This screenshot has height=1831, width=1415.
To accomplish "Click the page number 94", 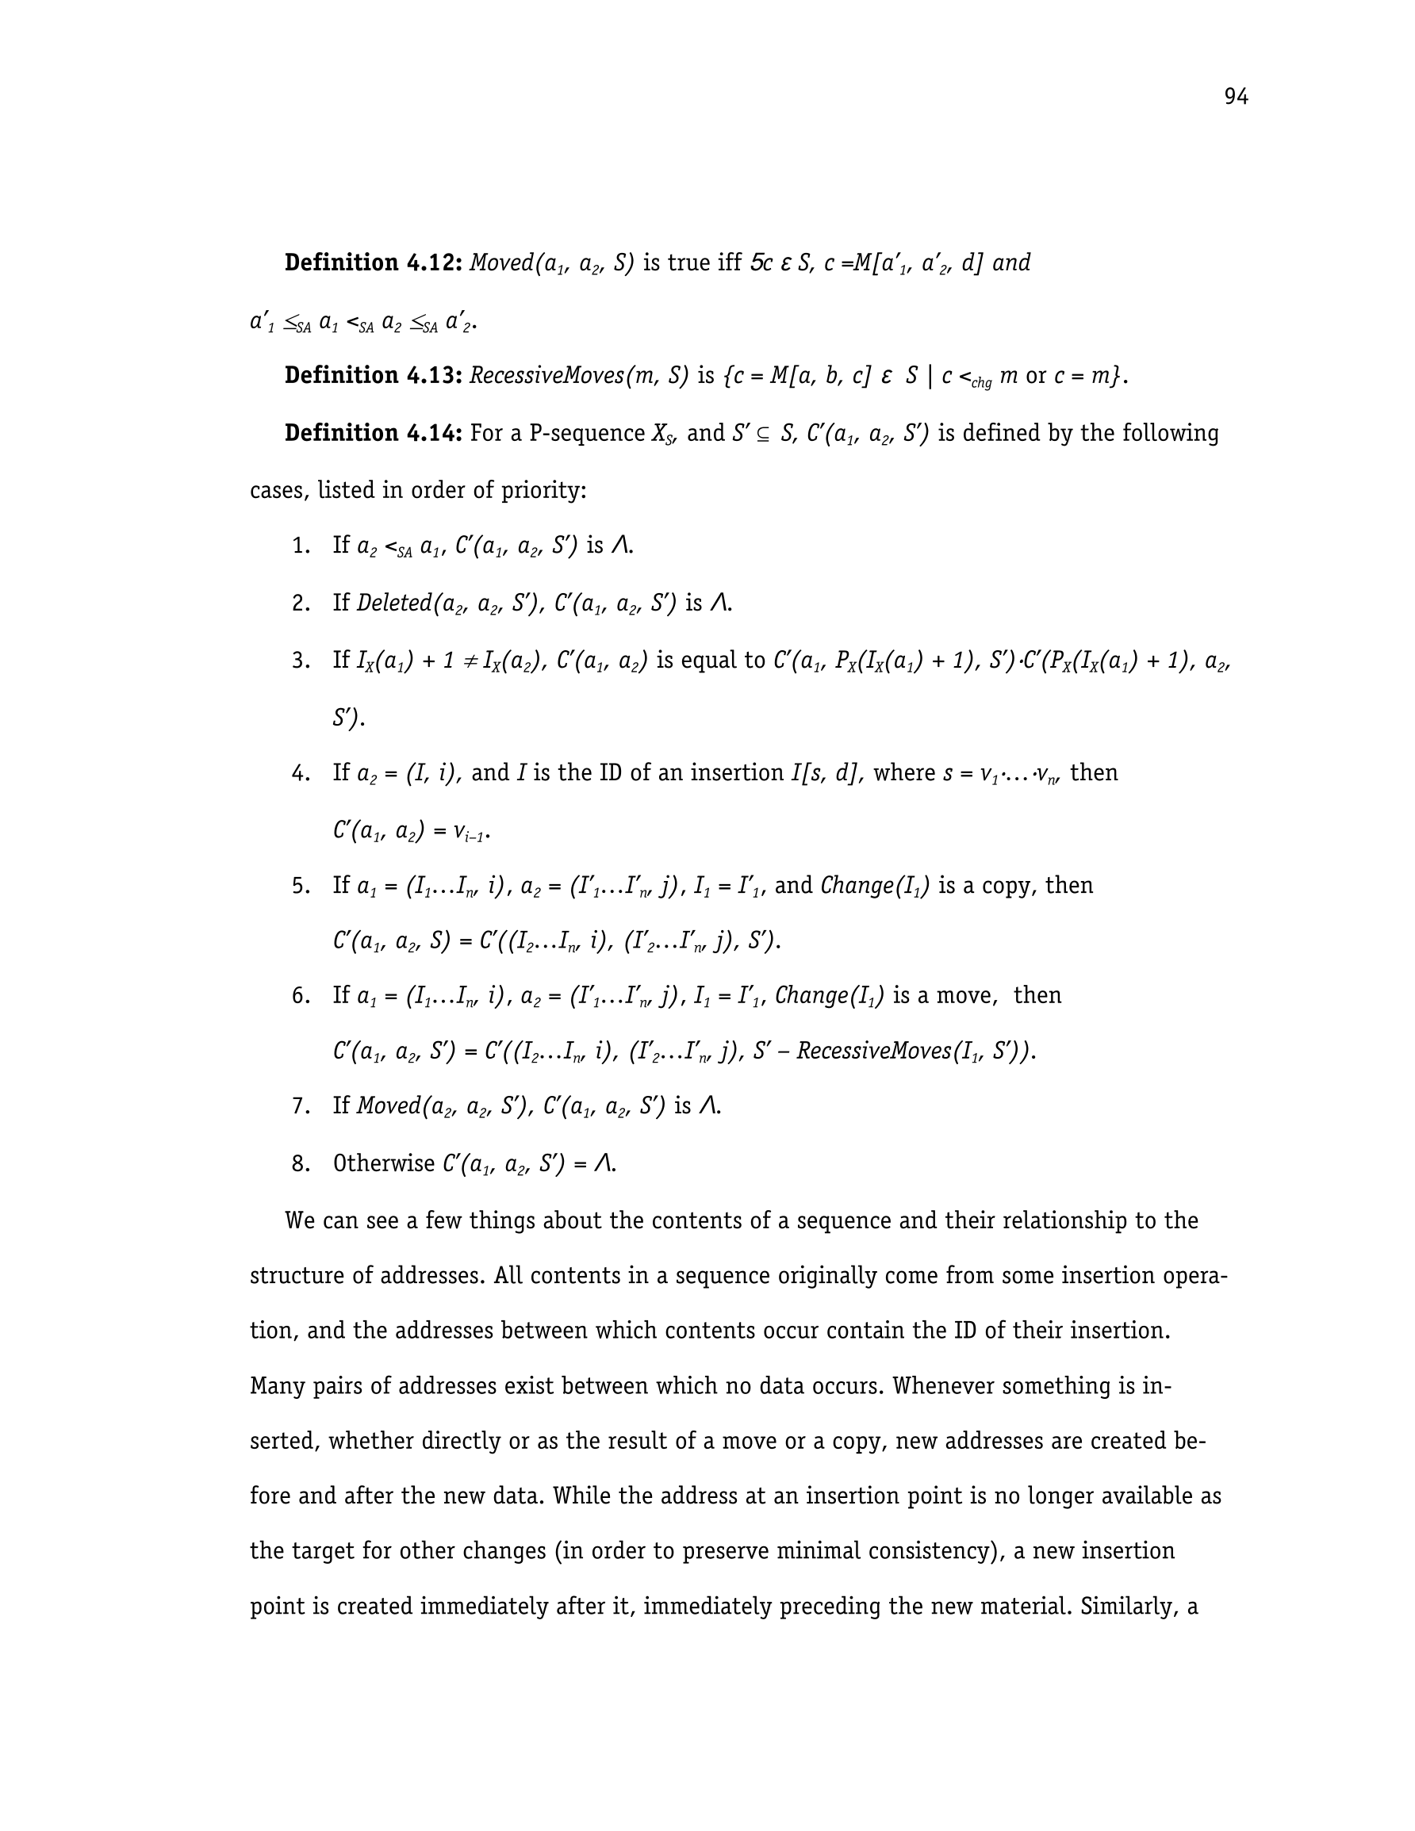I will [x=1236, y=98].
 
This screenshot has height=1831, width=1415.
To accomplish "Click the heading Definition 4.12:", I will [x=374, y=263].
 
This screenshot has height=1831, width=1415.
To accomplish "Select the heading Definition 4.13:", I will [x=374, y=376].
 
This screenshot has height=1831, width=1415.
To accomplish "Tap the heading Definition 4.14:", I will [x=374, y=434].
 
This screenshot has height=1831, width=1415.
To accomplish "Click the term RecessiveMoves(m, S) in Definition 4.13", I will [x=579, y=376].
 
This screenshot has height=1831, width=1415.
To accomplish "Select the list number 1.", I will [x=301, y=546].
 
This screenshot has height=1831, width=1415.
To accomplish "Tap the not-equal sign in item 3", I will [x=470, y=661].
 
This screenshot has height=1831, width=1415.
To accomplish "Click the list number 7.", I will [x=301, y=1107].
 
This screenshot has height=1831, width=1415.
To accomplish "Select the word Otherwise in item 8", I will [x=383, y=1163].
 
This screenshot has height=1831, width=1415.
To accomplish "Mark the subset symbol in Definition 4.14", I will [x=761, y=435].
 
